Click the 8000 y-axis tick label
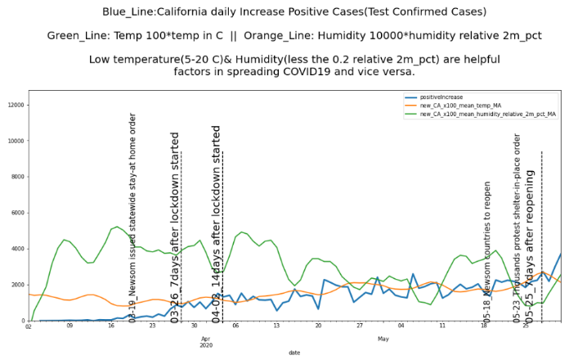[18, 177]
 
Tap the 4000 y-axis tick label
[18, 249]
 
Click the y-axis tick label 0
[23, 321]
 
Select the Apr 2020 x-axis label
[206, 341]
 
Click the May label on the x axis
[383, 336]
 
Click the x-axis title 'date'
[294, 353]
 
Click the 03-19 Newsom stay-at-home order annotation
[132, 218]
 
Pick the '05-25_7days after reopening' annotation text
[530, 245]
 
